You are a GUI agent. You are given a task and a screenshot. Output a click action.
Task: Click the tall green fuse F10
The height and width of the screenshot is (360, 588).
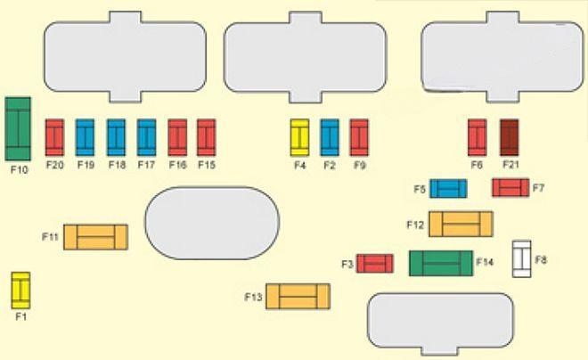coord(18,128)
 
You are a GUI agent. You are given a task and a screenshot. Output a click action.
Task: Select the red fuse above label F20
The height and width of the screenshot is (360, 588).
coord(54,137)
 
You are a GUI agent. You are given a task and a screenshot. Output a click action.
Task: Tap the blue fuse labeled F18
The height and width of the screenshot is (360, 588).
coord(116,137)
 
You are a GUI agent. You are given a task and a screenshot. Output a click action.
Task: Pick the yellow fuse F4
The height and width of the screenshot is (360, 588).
coord(299,137)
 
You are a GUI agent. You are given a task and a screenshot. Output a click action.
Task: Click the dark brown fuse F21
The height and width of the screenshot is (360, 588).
coord(510,137)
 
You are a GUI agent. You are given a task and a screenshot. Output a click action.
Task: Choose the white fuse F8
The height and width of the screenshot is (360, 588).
coord(521,259)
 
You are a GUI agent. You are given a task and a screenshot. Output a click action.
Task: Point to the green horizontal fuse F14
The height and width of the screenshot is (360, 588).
coord(441,263)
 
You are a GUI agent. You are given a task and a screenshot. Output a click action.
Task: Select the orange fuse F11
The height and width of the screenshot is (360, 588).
coord(95,237)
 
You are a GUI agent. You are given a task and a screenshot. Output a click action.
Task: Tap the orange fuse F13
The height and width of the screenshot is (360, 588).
coord(298,296)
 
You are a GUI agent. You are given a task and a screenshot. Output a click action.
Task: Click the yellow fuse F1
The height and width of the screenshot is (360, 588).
coord(20,290)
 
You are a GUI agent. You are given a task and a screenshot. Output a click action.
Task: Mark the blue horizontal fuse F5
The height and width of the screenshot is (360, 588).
coord(448,188)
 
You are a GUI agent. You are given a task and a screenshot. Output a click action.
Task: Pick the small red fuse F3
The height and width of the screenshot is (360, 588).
coord(375,263)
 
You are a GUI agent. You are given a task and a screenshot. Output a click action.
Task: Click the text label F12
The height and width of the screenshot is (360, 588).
coord(415,225)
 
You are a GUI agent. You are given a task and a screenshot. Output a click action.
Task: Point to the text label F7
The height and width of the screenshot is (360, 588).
coord(538,188)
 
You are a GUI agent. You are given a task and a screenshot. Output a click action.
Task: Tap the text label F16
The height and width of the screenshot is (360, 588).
coord(177,165)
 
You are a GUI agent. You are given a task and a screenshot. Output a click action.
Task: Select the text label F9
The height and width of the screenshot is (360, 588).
coord(360,165)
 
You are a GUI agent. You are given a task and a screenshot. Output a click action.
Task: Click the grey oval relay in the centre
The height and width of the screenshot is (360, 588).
coord(212,223)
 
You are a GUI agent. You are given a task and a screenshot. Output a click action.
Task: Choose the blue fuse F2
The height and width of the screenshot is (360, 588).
coord(330,137)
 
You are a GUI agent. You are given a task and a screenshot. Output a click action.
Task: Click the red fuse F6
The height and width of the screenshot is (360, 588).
coord(478,137)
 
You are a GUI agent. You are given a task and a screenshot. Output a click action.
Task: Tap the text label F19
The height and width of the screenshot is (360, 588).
coord(86,165)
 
